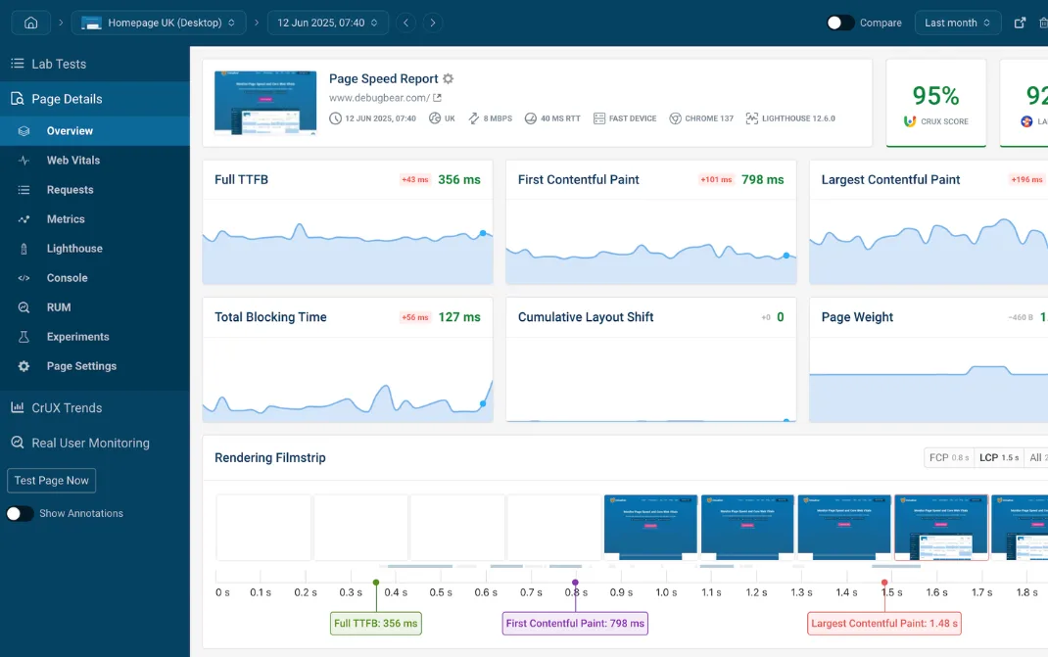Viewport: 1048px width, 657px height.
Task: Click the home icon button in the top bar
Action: pos(31,23)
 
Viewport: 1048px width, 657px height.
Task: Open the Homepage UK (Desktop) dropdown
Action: pos(160,23)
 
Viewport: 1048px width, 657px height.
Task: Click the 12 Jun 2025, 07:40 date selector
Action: pos(327,23)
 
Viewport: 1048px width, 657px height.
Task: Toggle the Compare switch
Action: pos(840,23)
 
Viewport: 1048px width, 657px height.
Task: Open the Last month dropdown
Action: pos(957,23)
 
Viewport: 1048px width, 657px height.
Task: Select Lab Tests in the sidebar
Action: pos(59,64)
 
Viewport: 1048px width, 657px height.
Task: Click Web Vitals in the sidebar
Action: pos(73,161)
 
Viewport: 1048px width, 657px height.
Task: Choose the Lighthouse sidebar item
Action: pos(74,249)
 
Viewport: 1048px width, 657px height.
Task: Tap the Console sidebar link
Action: pos(67,278)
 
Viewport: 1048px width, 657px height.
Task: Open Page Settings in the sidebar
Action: pos(81,366)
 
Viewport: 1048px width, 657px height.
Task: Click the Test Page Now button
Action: pos(52,481)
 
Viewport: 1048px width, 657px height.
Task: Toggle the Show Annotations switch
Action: pos(20,513)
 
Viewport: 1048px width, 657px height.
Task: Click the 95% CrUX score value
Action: pos(935,96)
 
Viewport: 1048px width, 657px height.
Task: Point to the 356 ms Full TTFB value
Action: pos(458,180)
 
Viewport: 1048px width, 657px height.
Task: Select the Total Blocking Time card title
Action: pos(270,317)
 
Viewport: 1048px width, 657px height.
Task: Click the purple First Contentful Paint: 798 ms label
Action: pos(575,623)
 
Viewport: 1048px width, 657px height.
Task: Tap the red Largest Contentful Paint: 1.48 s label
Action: pos(884,623)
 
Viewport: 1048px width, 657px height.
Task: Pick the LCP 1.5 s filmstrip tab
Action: pos(999,457)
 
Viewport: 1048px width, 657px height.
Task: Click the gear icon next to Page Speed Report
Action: pos(448,79)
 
